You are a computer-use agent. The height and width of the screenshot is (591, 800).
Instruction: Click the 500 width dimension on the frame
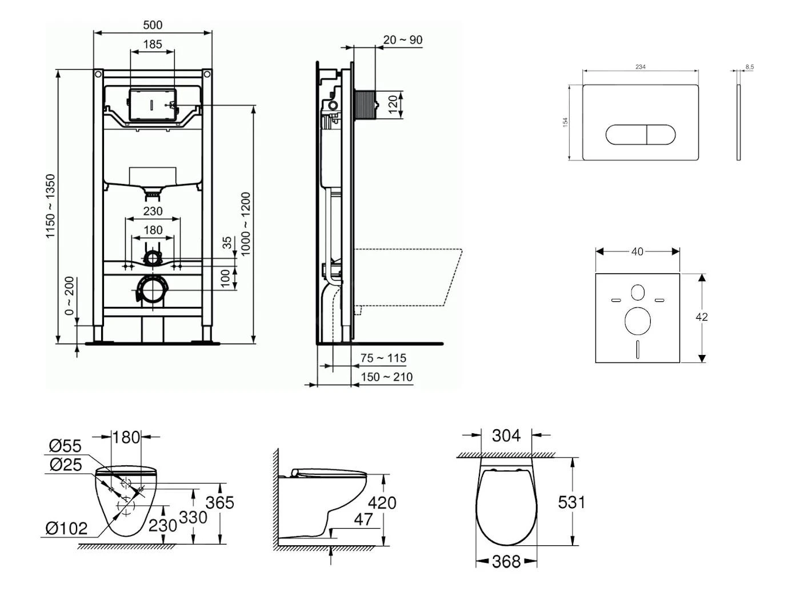pyautogui.click(x=153, y=25)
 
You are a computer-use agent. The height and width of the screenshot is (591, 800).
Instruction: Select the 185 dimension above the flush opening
pyautogui.click(x=153, y=44)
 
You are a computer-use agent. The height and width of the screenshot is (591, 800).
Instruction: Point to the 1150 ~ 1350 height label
pyautogui.click(x=51, y=206)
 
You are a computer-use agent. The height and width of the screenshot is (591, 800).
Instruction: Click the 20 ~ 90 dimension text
pyautogui.click(x=403, y=40)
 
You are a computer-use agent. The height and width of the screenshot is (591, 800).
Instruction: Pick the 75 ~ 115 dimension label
pyautogui.click(x=383, y=358)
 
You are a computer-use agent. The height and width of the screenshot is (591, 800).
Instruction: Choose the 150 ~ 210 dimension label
pyautogui.click(x=387, y=377)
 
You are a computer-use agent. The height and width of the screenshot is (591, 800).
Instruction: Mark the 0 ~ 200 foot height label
pyautogui.click(x=70, y=295)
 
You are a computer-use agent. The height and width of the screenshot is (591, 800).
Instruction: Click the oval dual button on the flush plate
pyautogui.click(x=640, y=134)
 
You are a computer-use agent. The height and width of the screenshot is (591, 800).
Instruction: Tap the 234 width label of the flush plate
pyautogui.click(x=641, y=67)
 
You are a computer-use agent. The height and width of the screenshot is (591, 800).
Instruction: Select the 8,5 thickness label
pyautogui.click(x=749, y=67)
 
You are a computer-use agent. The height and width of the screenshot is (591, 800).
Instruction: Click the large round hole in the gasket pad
pyautogui.click(x=638, y=321)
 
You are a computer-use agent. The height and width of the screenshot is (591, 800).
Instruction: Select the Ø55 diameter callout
pyautogui.click(x=65, y=446)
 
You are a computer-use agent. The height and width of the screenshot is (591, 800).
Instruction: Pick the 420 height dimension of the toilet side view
pyautogui.click(x=382, y=502)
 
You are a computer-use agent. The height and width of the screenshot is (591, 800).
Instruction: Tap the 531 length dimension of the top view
pyautogui.click(x=571, y=502)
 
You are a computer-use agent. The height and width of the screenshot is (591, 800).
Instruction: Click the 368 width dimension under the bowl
pyautogui.click(x=506, y=562)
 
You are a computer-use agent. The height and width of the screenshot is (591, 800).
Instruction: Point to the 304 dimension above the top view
pyautogui.click(x=506, y=436)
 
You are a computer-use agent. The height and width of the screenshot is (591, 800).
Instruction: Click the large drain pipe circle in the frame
pyautogui.click(x=153, y=290)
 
